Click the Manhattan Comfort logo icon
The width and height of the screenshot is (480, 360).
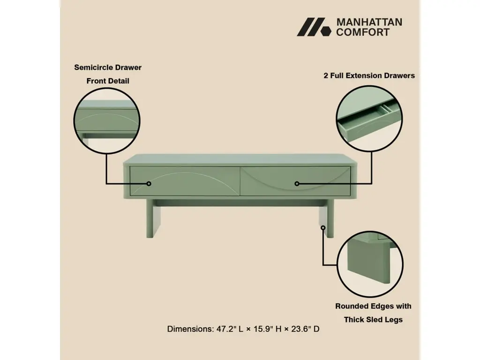click(314, 27)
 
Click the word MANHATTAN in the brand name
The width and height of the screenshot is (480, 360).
click(369, 22)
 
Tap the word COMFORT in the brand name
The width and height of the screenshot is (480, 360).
click(363, 32)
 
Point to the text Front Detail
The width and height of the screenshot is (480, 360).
click(108, 81)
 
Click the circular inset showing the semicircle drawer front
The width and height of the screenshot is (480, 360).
click(107, 120)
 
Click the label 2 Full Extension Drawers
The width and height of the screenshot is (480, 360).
click(369, 75)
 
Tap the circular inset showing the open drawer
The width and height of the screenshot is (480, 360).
click(369, 119)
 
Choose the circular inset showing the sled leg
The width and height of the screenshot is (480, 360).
click(370, 264)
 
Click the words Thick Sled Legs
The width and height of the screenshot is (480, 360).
click(373, 320)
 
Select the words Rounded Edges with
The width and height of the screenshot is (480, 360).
click(373, 306)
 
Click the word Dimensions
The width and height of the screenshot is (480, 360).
click(190, 329)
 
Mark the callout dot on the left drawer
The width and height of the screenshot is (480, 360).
click(149, 184)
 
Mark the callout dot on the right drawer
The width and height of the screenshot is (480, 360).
click(297, 184)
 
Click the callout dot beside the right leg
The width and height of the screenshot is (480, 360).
click(323, 228)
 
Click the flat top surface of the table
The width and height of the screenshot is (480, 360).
click(240, 159)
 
